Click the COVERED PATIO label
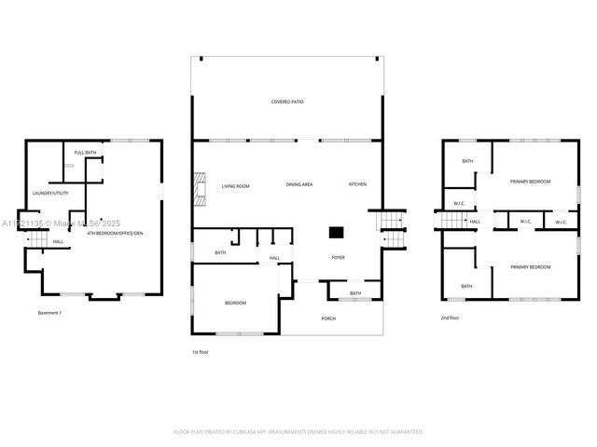tap(287, 102)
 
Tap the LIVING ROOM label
tap(235, 186)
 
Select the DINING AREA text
tap(298, 185)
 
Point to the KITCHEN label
tap(358, 184)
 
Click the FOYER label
tap(338, 257)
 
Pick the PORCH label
tap(328, 318)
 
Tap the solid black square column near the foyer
tap(336, 233)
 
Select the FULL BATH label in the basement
tap(85, 153)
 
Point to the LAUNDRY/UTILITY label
tap(50, 193)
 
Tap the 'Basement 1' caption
tap(49, 312)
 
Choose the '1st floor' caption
tap(201, 352)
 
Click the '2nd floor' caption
tap(451, 318)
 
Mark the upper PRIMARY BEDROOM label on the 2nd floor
tap(530, 182)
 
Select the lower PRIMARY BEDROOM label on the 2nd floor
tap(530, 267)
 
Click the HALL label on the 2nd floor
tap(475, 222)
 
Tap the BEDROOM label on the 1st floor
tap(235, 304)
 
